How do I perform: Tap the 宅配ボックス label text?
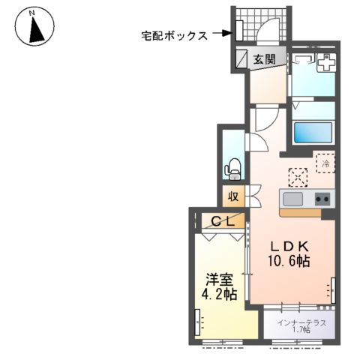[x=173, y=35]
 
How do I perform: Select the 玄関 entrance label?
[x=263, y=59]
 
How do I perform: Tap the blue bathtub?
[x=313, y=133]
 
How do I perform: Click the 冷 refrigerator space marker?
[x=325, y=161]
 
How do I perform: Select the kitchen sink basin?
[x=292, y=199]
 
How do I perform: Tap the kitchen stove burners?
[x=322, y=199]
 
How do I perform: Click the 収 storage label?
[x=233, y=196]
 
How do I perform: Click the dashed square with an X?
[x=298, y=175]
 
